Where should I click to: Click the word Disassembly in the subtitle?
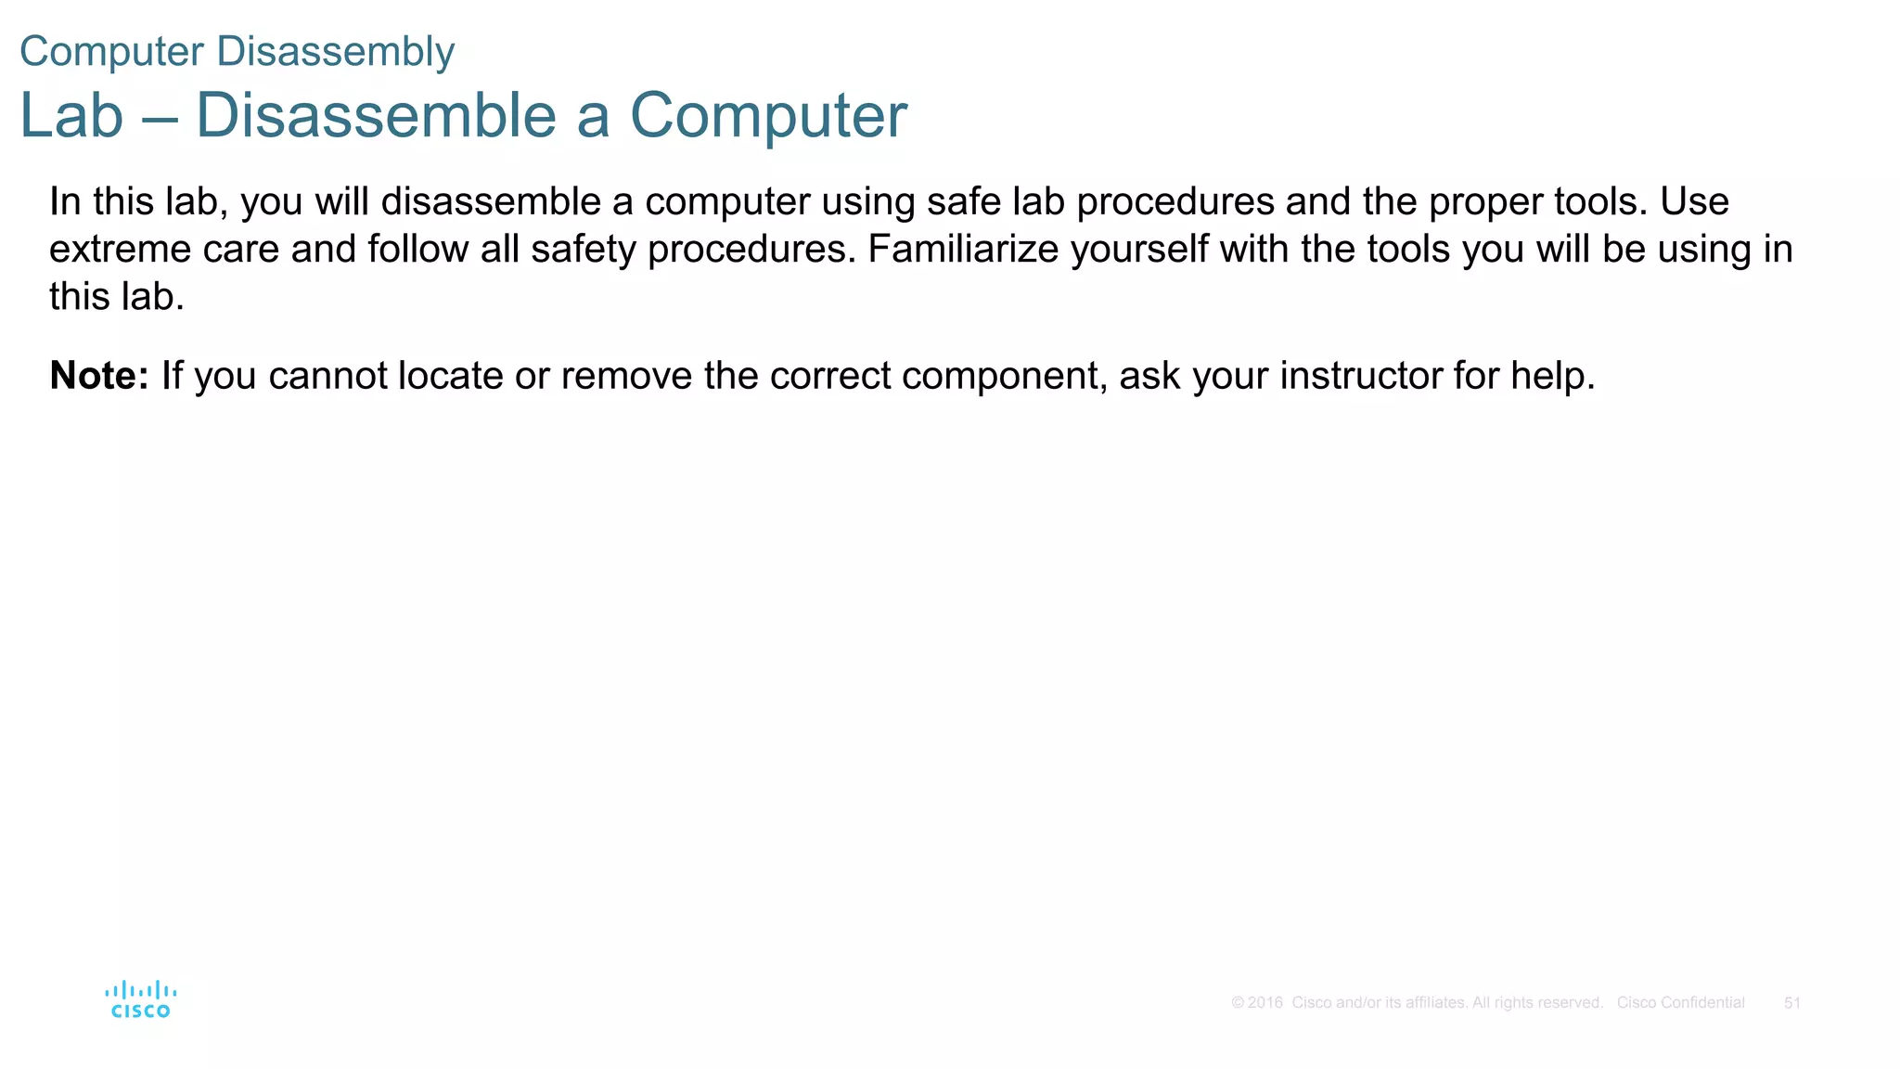[335, 52]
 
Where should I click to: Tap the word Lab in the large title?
[71, 116]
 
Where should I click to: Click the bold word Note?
[98, 376]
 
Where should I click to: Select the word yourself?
[1139, 250]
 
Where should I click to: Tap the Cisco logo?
[141, 999]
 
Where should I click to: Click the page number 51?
[1792, 1003]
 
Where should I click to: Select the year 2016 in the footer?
[1265, 1003]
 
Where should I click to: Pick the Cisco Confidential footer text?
[1680, 1003]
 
